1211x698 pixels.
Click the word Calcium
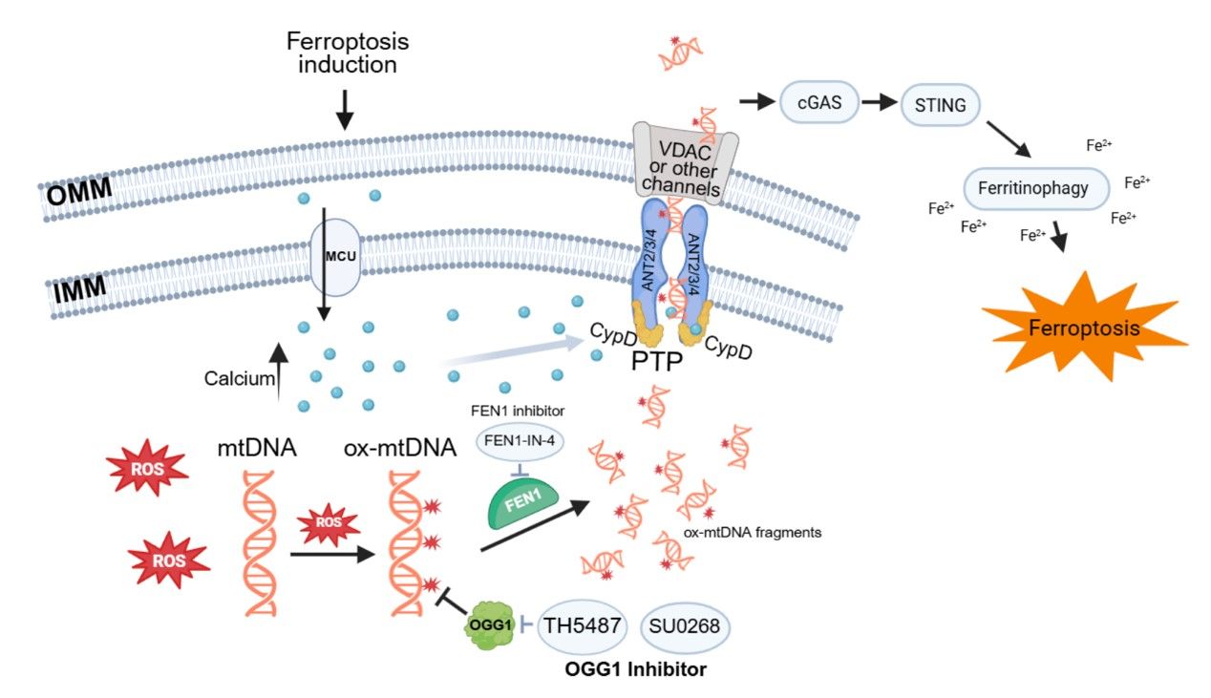pos(237,379)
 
